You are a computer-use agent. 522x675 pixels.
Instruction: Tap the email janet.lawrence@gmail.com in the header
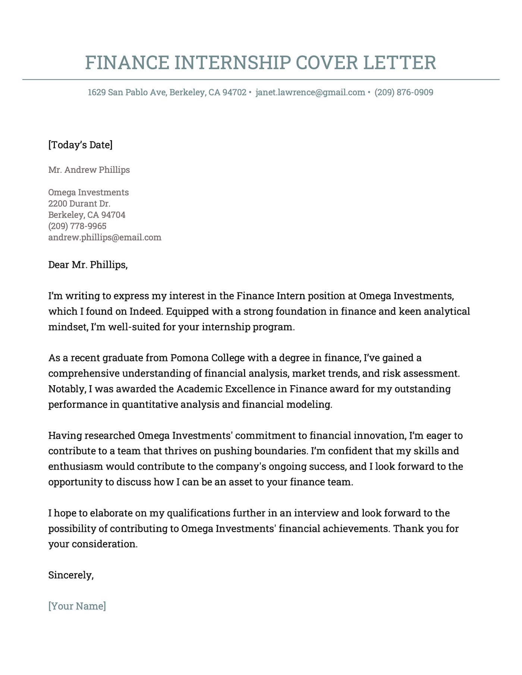click(x=310, y=92)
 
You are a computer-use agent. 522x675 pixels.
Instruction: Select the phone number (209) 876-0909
click(x=404, y=92)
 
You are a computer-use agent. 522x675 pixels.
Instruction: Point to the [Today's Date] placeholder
click(x=80, y=145)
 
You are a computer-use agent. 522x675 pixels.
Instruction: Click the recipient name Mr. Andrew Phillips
click(x=89, y=170)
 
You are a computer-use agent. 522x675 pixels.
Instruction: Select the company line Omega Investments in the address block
click(x=88, y=193)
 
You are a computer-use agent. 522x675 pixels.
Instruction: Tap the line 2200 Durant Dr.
click(x=79, y=204)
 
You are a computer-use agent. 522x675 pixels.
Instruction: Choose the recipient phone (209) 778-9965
click(x=77, y=226)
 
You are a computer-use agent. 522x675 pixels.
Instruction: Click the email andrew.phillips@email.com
click(x=105, y=237)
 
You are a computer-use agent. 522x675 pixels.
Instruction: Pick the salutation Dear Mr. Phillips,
click(x=88, y=265)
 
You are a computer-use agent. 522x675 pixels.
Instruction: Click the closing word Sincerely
click(x=70, y=575)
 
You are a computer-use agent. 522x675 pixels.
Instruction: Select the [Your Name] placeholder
click(x=77, y=606)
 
